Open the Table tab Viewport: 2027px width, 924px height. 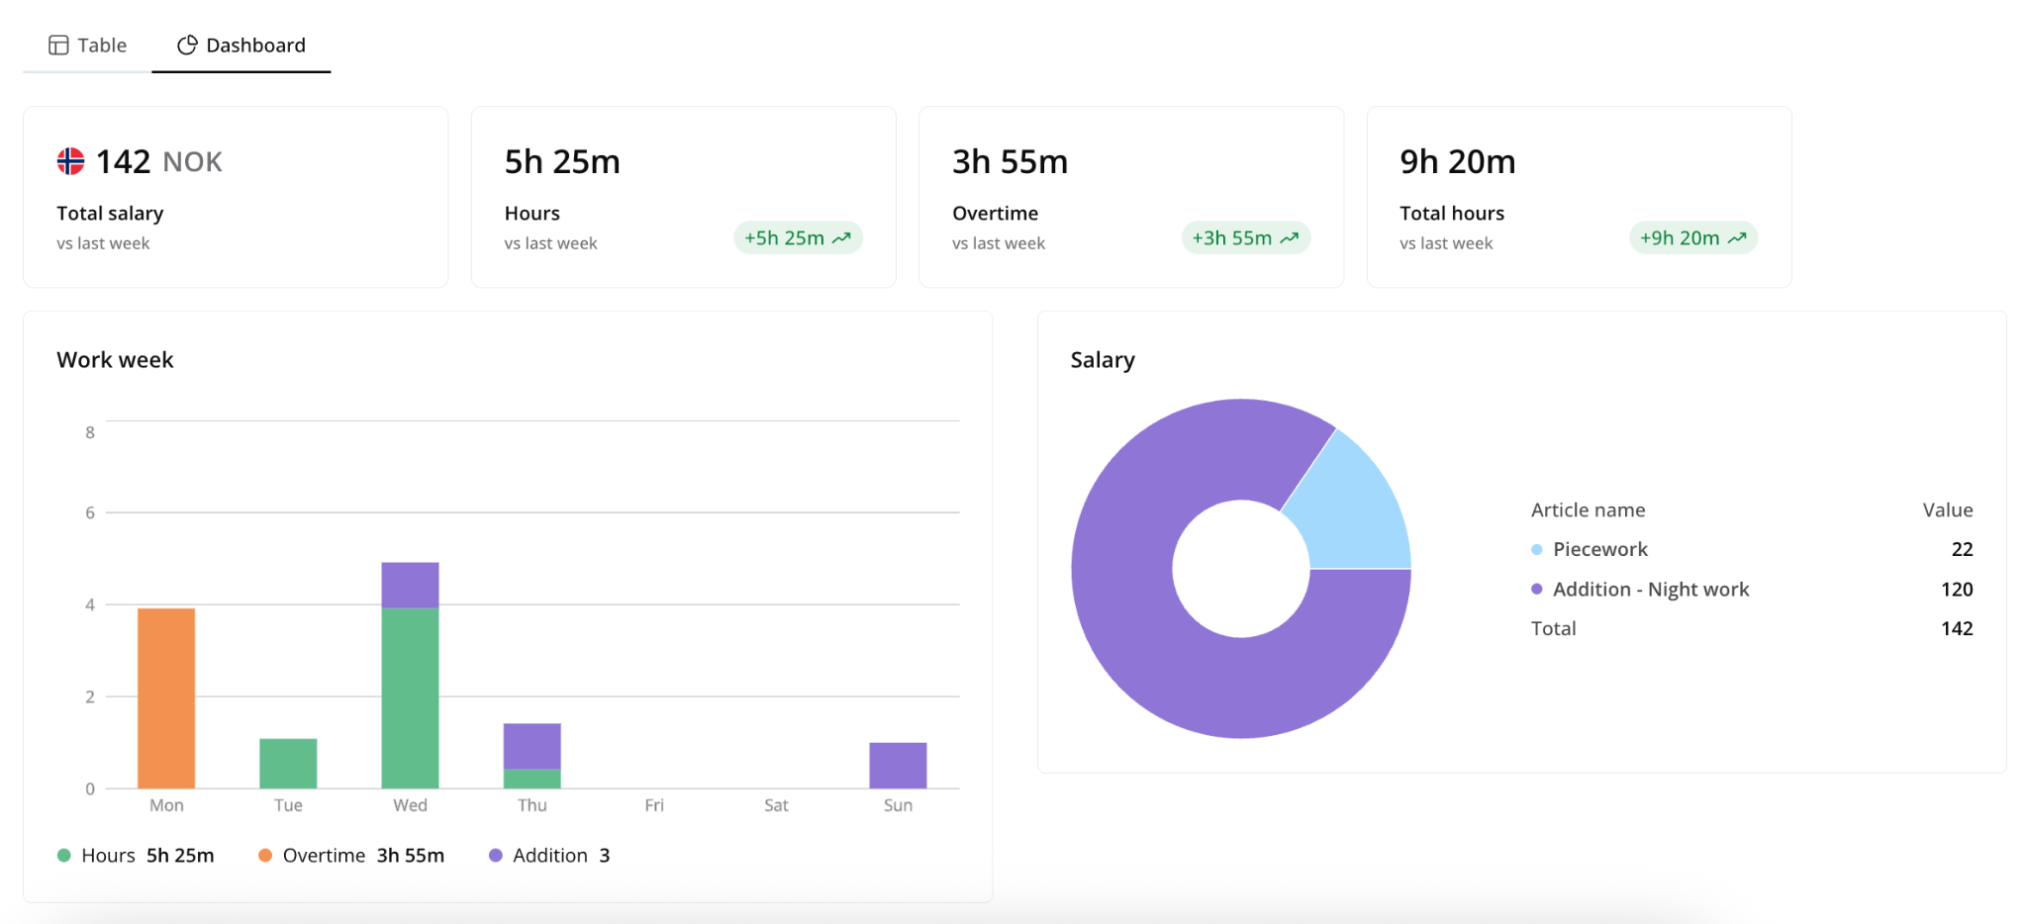pos(88,46)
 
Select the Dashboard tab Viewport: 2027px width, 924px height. pos(241,46)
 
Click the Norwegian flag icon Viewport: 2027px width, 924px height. pos(70,161)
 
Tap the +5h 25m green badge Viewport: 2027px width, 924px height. pos(798,237)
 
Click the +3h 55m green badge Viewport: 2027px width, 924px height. pos(1245,237)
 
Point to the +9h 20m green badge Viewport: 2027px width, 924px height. pos(1693,237)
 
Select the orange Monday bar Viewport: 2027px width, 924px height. pos(166,698)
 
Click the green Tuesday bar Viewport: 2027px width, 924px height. pos(288,764)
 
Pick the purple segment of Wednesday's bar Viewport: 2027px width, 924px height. pos(410,586)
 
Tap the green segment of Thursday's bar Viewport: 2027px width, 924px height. pos(532,779)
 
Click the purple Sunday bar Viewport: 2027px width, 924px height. pos(898,766)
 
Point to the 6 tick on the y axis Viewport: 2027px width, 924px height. pos(90,512)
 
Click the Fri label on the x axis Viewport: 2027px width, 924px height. pos(654,805)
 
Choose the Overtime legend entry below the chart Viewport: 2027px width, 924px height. pos(351,856)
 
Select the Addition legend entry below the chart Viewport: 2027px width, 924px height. pos(549,856)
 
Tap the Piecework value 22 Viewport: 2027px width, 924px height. pos(1962,549)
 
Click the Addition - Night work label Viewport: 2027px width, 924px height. pos(1651,590)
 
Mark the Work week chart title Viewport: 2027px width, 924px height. pos(115,360)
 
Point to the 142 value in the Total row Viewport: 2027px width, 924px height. pos(1957,628)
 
